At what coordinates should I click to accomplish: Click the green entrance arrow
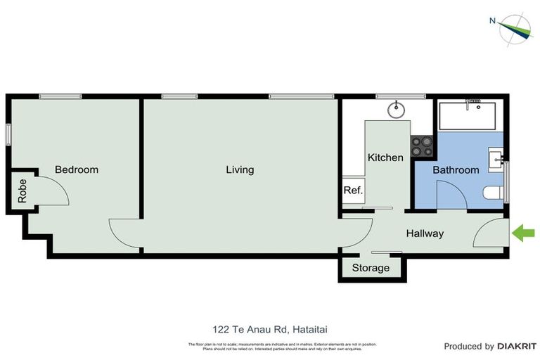point(524,233)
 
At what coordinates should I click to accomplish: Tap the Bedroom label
point(77,169)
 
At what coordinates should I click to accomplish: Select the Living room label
point(240,169)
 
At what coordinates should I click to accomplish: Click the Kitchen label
point(386,157)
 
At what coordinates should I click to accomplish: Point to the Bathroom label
point(456,169)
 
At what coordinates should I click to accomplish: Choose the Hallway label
point(425,233)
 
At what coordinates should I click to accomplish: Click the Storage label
point(371,268)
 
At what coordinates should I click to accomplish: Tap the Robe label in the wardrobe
point(22,191)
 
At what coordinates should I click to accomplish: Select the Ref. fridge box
point(352,191)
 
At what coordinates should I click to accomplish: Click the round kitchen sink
point(397,108)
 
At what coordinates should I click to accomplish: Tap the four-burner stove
point(422,146)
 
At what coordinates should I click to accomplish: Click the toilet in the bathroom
point(493,192)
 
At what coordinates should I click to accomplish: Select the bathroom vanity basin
point(495,157)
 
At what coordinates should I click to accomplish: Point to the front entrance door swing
point(489,233)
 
